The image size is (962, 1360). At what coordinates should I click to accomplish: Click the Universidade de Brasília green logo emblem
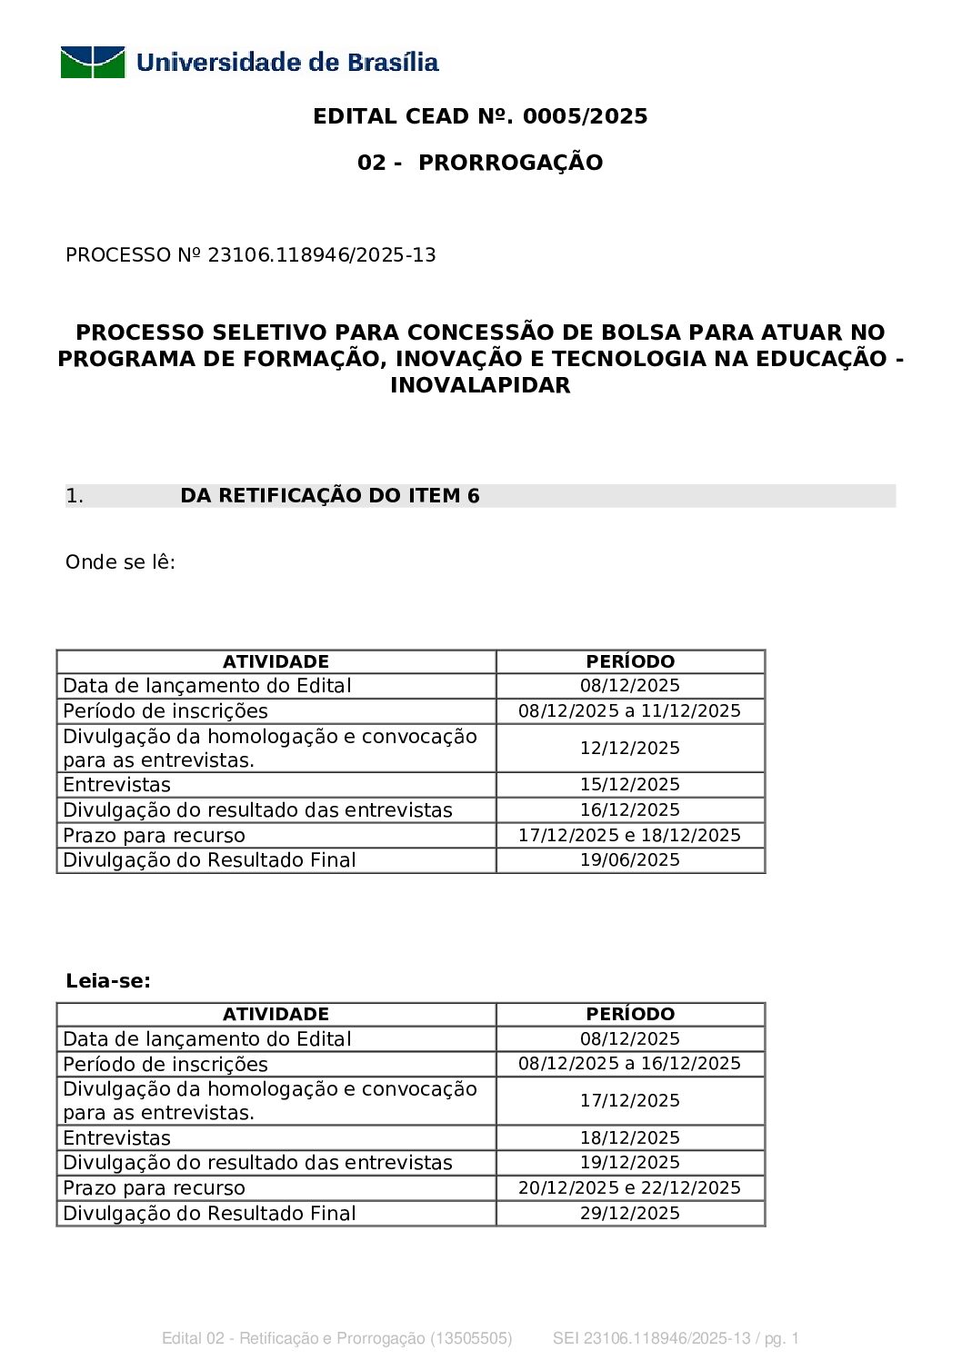point(93,62)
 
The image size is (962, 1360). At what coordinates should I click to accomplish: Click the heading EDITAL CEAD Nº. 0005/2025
point(480,116)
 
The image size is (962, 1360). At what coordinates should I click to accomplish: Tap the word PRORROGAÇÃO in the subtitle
point(510,163)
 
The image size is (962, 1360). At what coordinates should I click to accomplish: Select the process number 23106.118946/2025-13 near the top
point(322,255)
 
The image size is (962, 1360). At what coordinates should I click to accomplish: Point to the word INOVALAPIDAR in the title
point(480,385)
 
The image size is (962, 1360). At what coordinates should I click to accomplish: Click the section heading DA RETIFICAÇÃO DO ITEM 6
point(330,496)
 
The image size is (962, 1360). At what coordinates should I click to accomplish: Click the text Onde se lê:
point(120,562)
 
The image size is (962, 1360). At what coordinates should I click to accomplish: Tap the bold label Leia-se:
point(108,981)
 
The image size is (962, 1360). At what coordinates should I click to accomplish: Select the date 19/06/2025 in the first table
point(630,860)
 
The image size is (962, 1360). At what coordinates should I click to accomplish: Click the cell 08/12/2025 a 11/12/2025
point(630,711)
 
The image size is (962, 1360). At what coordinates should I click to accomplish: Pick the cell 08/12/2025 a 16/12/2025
point(630,1064)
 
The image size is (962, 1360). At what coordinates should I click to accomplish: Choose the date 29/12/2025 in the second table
point(630,1214)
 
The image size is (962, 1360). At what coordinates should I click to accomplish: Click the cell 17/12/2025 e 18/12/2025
point(630,836)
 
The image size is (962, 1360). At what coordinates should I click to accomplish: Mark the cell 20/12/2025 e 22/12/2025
point(630,1188)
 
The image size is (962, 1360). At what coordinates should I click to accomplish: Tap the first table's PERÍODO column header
point(630,661)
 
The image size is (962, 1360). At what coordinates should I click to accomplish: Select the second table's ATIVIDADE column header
point(276,1015)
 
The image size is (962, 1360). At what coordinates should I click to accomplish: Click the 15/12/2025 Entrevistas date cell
point(630,785)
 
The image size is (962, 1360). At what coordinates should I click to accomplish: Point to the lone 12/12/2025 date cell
point(630,749)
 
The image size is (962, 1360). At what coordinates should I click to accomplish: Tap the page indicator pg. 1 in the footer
point(781,1338)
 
